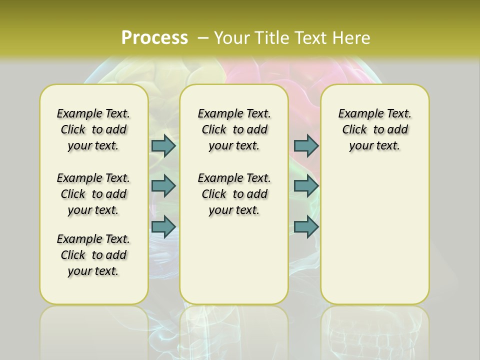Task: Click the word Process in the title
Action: (154, 37)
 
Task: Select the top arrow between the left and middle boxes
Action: (163, 145)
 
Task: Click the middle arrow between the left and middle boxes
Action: (163, 186)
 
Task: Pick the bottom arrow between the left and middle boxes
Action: (163, 226)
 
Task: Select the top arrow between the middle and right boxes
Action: (306, 145)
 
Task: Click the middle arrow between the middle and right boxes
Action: (306, 186)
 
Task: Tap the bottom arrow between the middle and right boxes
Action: (306, 226)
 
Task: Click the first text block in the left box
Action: (93, 129)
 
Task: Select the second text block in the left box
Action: (93, 194)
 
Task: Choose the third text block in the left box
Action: (93, 255)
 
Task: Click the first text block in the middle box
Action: (234, 129)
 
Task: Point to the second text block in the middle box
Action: (234, 194)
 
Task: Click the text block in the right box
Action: (374, 129)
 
